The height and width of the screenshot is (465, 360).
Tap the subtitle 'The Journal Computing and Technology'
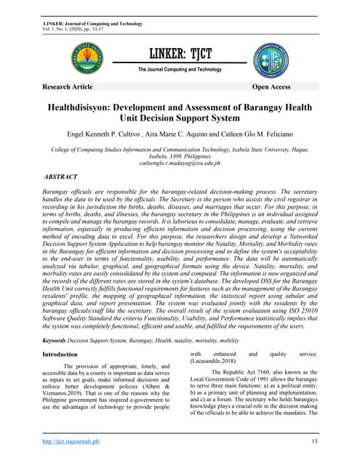(179, 69)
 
